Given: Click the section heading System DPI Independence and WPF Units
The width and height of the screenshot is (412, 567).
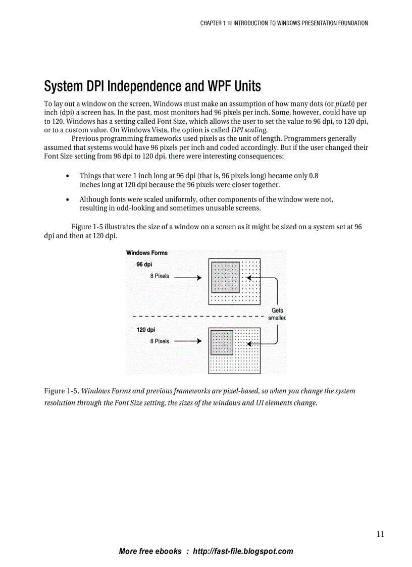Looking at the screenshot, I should tap(152, 86).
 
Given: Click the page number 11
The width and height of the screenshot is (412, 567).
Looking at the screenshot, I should tap(380, 534).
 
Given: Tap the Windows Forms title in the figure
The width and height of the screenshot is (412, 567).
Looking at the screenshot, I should tap(147, 253).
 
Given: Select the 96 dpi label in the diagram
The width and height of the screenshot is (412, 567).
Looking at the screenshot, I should tap(144, 265).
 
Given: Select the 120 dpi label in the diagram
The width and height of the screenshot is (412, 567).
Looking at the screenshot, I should tap(145, 330).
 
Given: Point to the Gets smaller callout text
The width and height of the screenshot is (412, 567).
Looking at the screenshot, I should tap(277, 315).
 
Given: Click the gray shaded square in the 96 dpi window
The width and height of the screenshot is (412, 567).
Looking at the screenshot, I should tap(225, 277).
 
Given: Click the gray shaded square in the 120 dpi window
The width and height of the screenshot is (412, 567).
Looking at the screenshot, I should tap(222, 342).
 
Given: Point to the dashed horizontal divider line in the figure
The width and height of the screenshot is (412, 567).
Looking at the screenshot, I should tap(197, 317).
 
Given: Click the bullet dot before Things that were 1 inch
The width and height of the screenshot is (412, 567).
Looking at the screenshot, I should tap(68, 176).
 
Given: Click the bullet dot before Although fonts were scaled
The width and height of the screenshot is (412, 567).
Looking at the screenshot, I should tap(68, 200).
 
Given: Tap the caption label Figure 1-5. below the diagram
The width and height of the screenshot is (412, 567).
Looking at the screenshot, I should tap(62, 391).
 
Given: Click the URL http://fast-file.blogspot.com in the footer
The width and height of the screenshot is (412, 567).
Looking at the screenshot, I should tap(243, 551).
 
